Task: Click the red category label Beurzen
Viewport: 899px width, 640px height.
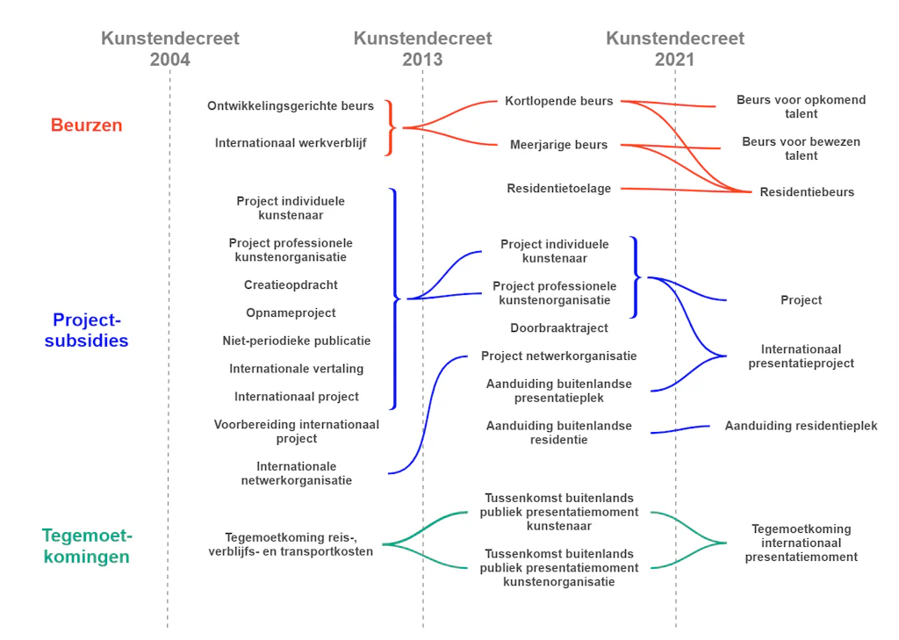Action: pyautogui.click(x=87, y=125)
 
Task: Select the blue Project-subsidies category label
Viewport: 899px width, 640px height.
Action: pyautogui.click(x=87, y=330)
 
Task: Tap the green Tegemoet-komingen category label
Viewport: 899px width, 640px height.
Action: pyautogui.click(x=87, y=545)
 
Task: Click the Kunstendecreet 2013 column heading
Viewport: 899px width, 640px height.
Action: pyautogui.click(x=422, y=49)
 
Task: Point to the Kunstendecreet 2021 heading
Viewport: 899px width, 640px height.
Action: pyautogui.click(x=675, y=49)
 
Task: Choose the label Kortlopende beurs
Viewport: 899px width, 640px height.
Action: pyautogui.click(x=559, y=101)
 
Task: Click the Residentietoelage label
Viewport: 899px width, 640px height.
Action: pyautogui.click(x=559, y=188)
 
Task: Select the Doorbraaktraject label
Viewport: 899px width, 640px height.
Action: pyautogui.click(x=559, y=328)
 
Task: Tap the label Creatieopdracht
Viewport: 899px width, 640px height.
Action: pyautogui.click(x=291, y=285)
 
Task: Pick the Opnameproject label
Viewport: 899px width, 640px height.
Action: pyautogui.click(x=291, y=313)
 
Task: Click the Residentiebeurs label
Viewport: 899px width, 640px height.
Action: pyautogui.click(x=807, y=192)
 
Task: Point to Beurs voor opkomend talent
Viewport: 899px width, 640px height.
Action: pyautogui.click(x=801, y=107)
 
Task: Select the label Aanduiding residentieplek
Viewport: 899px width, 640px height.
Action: pyautogui.click(x=801, y=426)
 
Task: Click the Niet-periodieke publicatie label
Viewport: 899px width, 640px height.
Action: pyautogui.click(x=297, y=341)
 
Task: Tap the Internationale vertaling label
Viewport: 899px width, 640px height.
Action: pyautogui.click(x=297, y=369)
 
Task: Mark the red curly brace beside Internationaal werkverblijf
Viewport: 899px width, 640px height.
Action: pyautogui.click(x=391, y=127)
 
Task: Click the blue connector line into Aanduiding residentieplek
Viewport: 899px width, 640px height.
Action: pyautogui.click(x=680, y=429)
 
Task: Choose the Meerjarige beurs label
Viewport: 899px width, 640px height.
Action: pyautogui.click(x=559, y=145)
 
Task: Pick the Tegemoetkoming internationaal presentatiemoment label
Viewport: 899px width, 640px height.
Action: pyautogui.click(x=801, y=543)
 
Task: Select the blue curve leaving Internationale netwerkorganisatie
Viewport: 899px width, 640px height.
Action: pyautogui.click(x=428, y=414)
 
